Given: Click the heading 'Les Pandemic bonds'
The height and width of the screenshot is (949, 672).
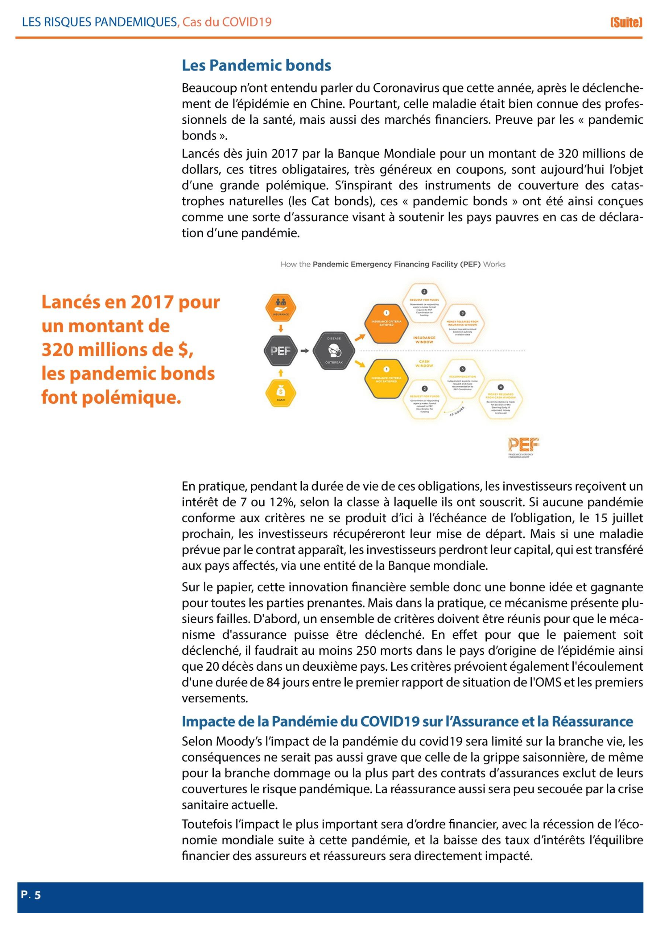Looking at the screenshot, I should [x=256, y=65].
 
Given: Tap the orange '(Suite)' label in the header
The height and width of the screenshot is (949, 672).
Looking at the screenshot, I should [x=626, y=22].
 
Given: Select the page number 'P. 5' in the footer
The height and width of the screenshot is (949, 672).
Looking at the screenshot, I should [x=31, y=895].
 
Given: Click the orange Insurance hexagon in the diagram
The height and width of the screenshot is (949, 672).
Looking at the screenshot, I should [x=281, y=308].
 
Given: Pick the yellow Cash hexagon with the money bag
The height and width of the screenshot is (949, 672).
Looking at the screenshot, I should [x=281, y=393].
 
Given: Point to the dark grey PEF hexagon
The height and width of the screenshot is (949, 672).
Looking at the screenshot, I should [x=281, y=351].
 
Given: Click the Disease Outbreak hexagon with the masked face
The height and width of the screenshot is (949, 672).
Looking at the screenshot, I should [x=334, y=351].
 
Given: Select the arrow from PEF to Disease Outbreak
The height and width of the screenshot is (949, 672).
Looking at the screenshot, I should [x=305, y=351].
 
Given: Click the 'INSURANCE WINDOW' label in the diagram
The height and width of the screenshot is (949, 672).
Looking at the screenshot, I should [x=424, y=340].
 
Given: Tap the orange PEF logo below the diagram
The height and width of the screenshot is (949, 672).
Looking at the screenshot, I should [x=523, y=445].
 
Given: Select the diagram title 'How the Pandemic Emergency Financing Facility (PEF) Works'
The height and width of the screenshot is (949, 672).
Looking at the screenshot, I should [x=393, y=264].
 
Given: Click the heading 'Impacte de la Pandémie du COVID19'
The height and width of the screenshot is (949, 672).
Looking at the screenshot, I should [x=407, y=722].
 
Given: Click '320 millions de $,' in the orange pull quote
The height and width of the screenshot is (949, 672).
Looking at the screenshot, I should [x=117, y=350].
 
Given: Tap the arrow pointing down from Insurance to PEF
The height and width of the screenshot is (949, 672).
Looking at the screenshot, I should [x=281, y=329].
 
